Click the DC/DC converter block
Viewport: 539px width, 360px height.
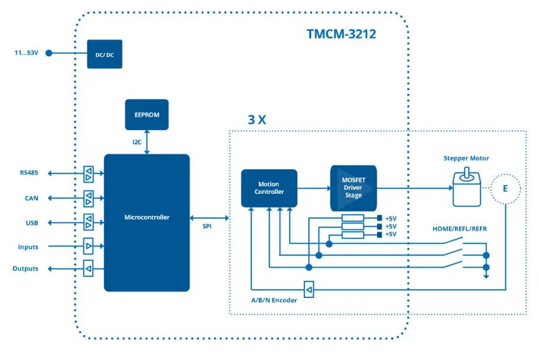tap(105, 54)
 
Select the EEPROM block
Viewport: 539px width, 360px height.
tap(147, 115)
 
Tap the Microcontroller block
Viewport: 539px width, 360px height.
tap(147, 222)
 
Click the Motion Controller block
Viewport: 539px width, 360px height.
tap(269, 188)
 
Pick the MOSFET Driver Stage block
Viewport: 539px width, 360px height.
tap(353, 188)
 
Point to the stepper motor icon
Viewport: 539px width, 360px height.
tap(466, 189)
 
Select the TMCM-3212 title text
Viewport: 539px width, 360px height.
tap(341, 34)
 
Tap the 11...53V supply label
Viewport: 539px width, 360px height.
tap(27, 53)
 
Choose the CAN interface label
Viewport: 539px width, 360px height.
tap(31, 198)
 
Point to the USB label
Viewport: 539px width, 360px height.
tap(31, 223)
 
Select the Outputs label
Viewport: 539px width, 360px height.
tap(25, 269)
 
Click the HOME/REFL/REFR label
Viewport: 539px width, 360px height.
tap(460, 229)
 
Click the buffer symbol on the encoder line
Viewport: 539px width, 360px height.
tap(309, 289)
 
